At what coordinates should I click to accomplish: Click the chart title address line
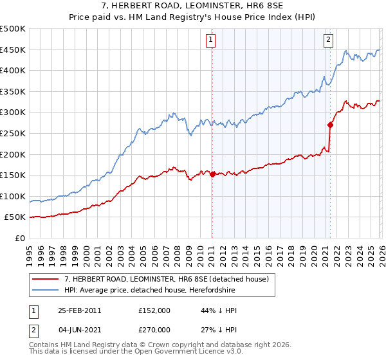pyautogui.click(x=193, y=5)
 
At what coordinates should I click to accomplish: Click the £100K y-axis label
pyautogui.click(x=13, y=196)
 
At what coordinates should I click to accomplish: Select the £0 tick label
pyautogui.click(x=20, y=238)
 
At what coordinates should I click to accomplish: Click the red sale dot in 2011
pyautogui.click(x=212, y=174)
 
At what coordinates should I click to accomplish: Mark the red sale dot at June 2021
pyautogui.click(x=331, y=125)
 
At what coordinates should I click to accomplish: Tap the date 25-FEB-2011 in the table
pyautogui.click(x=79, y=310)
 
